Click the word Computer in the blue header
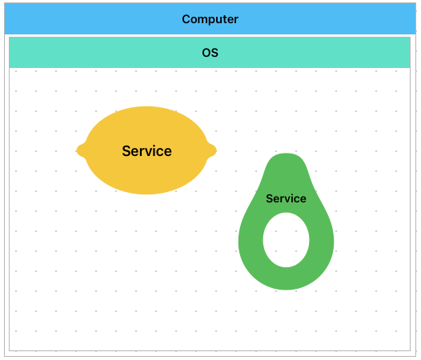210,19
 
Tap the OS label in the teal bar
210,53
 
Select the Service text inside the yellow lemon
146,151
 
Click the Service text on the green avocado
286,198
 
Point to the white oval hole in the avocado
286,240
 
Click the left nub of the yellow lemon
80,150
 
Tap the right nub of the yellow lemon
212,150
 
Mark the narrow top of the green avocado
286,156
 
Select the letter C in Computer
186,19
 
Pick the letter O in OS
206,53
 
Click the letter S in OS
215,53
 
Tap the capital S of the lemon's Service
126,151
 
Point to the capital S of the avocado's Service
269,198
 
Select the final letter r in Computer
236,20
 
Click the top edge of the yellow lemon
146,107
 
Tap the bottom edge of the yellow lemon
146,194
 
